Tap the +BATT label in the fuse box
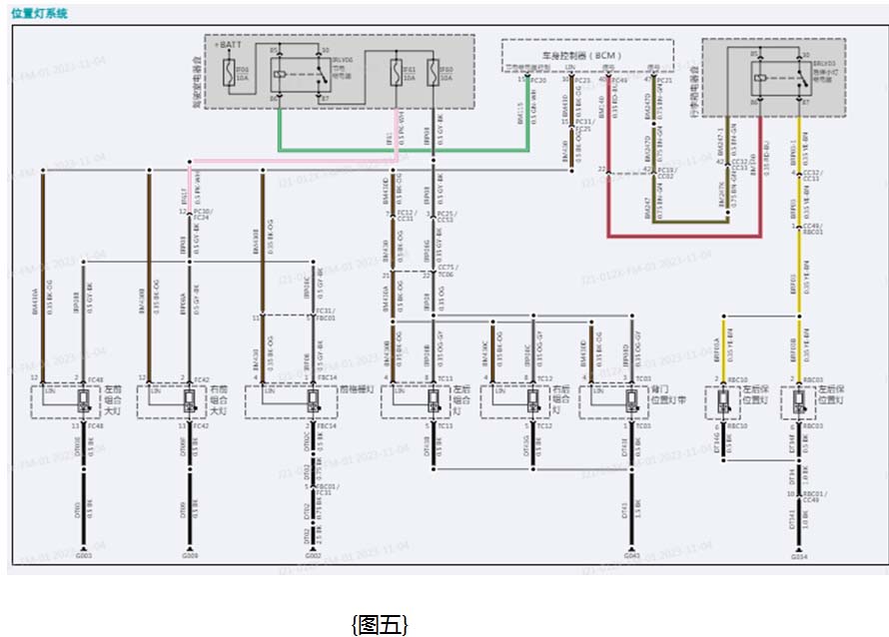point(228,45)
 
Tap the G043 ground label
point(631,555)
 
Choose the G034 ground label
point(799,555)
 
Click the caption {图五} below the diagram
point(380,625)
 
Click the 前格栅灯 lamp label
point(356,389)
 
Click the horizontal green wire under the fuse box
point(400,151)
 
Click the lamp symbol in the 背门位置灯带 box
point(631,401)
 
